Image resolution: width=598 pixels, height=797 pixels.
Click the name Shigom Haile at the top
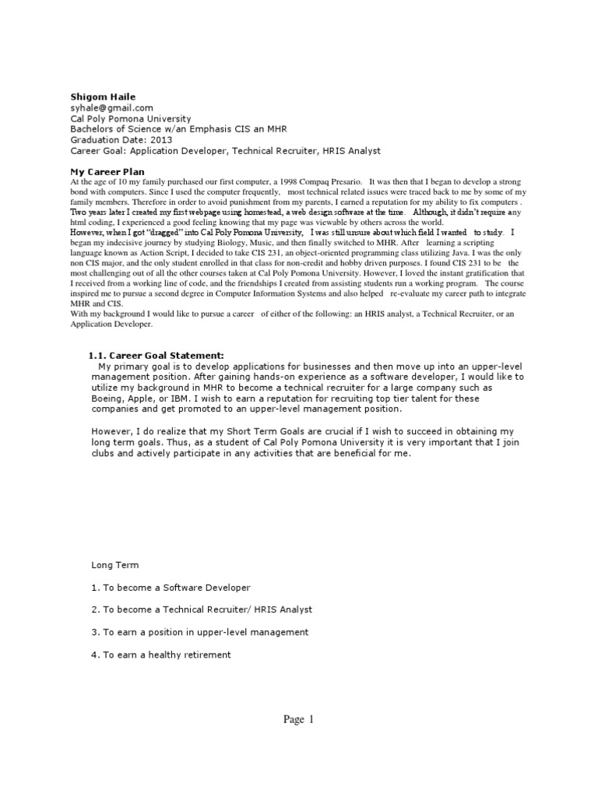click(x=99, y=96)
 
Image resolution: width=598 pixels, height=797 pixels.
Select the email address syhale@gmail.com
click(x=111, y=107)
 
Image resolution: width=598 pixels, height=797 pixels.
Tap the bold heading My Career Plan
click(x=107, y=171)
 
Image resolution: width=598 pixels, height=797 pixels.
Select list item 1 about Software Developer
click(x=171, y=588)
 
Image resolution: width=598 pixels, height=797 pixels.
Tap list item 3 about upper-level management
click(x=199, y=632)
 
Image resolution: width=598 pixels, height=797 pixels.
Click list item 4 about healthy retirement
click(x=161, y=655)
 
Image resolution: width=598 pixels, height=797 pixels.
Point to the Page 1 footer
click(x=298, y=720)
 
